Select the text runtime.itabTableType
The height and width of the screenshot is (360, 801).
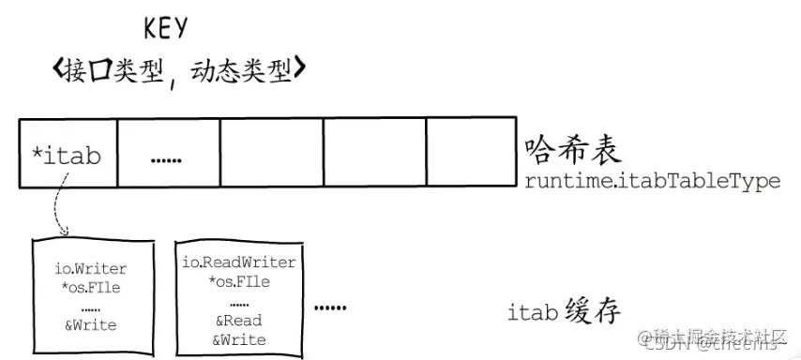tap(653, 181)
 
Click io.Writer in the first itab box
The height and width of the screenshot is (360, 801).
tap(90, 270)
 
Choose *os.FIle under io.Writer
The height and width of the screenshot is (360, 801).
tap(90, 287)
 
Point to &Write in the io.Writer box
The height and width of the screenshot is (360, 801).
tap(90, 325)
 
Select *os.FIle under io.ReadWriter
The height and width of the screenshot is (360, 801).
tap(238, 280)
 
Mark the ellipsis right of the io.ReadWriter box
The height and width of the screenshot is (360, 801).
tap(330, 307)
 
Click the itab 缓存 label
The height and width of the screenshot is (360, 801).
tap(563, 311)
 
